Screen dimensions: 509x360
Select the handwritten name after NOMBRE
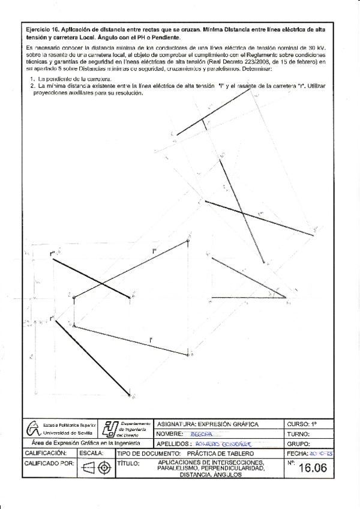pyautogui.click(x=196, y=433)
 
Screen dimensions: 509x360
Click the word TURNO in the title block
pyautogui.click(x=298, y=433)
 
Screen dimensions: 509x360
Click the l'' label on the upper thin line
pyautogui.click(x=155, y=251)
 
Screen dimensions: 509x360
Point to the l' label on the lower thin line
pyautogui.click(x=152, y=341)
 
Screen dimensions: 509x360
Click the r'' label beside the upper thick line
pyautogui.click(x=53, y=254)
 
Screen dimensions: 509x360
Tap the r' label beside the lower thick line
pyautogui.click(x=52, y=318)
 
